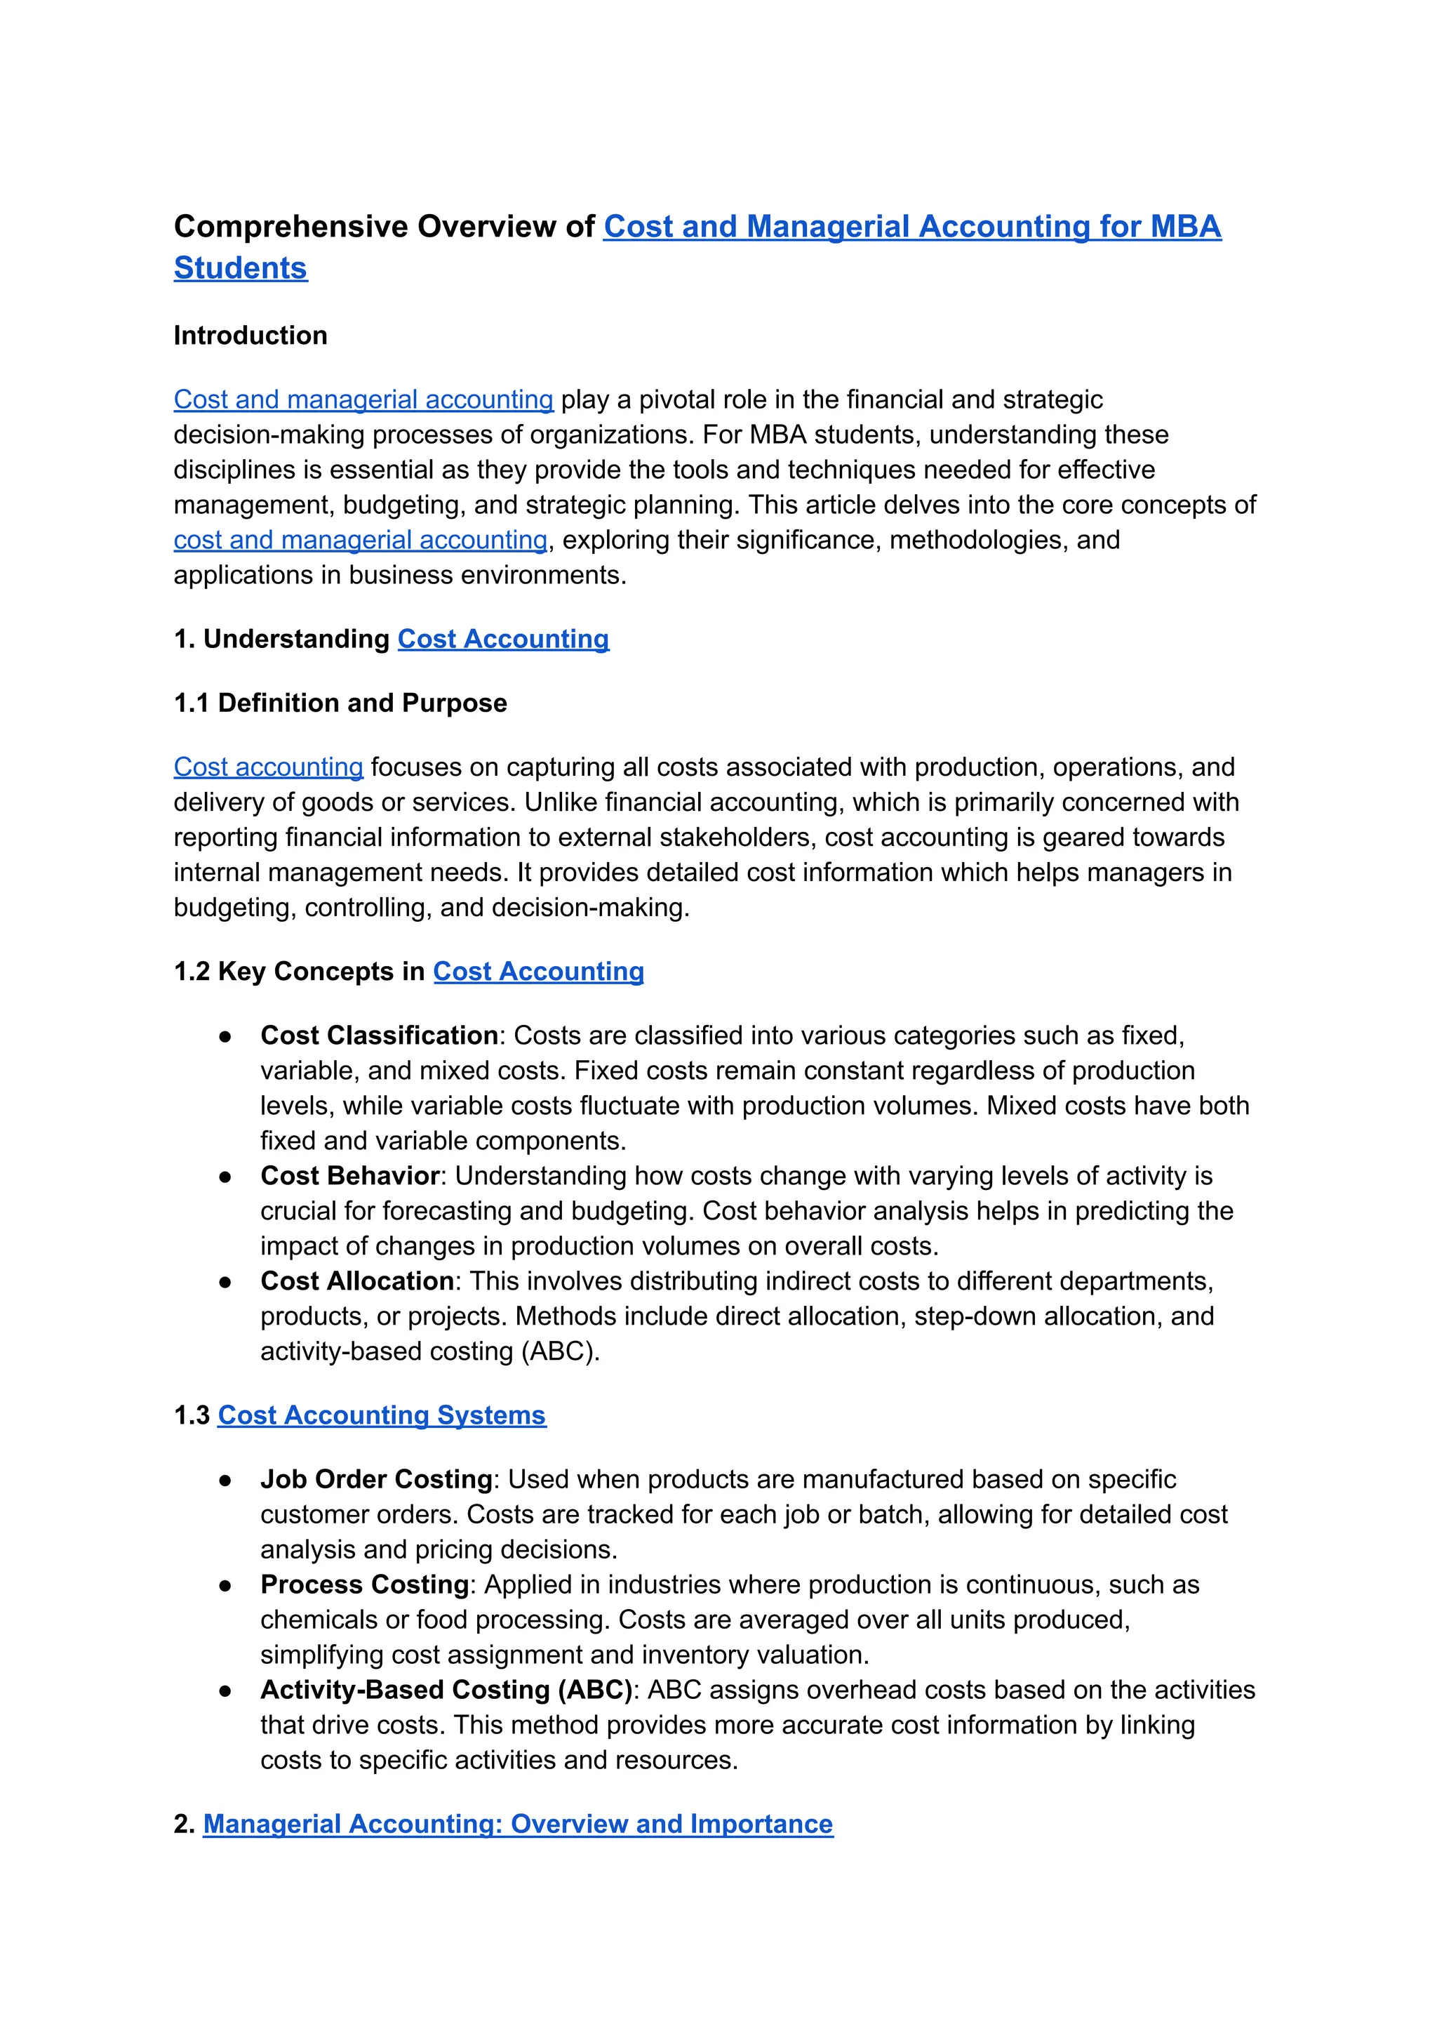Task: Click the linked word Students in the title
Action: [x=241, y=268]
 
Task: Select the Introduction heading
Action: [x=250, y=336]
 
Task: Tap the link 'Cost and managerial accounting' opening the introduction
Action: [x=363, y=400]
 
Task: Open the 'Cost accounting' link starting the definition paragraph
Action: [x=268, y=767]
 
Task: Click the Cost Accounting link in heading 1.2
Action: [x=538, y=972]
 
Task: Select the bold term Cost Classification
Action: [x=379, y=1036]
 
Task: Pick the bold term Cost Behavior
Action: [x=349, y=1177]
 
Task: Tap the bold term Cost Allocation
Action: [x=356, y=1282]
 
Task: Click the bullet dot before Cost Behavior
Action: [x=226, y=1177]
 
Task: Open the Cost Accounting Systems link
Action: [x=382, y=1416]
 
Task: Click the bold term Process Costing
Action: [x=365, y=1585]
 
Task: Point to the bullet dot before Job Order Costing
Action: [x=226, y=1481]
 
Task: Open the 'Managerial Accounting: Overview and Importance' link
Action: [x=518, y=1825]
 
